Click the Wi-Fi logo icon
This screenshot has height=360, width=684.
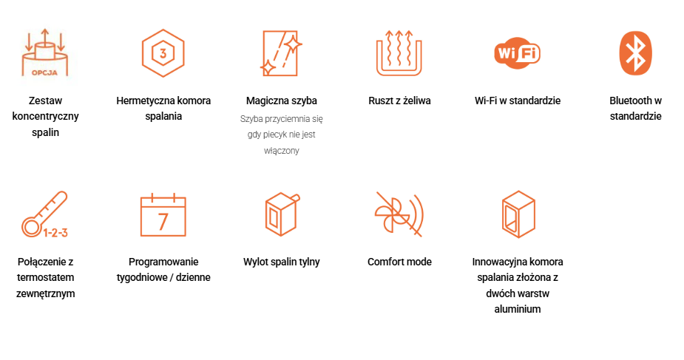[x=517, y=52]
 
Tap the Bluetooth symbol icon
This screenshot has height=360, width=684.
[x=636, y=53]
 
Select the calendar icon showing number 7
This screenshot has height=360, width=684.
[x=163, y=214]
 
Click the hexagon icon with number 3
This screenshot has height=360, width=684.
[x=163, y=53]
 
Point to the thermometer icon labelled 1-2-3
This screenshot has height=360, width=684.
[x=45, y=214]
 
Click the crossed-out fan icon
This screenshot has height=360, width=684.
[x=399, y=214]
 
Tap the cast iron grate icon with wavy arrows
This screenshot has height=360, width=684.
[x=399, y=52]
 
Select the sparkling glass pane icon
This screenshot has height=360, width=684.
[x=282, y=53]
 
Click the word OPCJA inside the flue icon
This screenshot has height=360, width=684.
[x=44, y=72]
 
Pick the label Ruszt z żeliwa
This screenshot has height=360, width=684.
[x=399, y=101]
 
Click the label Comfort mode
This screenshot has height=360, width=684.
[x=399, y=262]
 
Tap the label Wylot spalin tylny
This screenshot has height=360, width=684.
[x=282, y=262]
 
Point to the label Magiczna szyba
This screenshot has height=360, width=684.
[x=282, y=101]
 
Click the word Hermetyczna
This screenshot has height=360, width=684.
[x=140, y=101]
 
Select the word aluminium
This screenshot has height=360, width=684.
[x=518, y=309]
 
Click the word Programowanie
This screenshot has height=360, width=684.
[x=163, y=262]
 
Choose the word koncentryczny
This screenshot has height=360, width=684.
[x=45, y=116]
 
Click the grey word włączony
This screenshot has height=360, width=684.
[x=282, y=151]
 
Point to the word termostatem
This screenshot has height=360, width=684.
[x=45, y=278]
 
